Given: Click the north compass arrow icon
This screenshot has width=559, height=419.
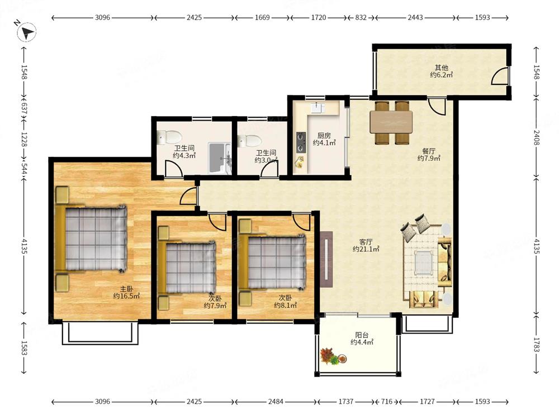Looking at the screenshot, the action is click(27, 32).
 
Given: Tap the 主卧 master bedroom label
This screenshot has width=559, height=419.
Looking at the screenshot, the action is click(126, 289).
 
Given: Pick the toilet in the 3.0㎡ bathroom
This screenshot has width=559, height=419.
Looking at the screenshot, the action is click(249, 141).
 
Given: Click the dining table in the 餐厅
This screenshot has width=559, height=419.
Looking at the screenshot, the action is click(391, 122).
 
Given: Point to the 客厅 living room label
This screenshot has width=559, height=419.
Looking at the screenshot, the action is click(366, 241).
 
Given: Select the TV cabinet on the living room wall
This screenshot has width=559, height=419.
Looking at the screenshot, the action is click(326, 259).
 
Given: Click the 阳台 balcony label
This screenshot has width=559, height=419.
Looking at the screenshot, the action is click(362, 335).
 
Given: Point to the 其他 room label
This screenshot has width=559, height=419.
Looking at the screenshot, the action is click(442, 68).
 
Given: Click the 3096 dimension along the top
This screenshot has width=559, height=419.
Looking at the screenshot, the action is click(102, 17).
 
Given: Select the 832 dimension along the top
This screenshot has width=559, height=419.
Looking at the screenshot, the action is click(361, 17).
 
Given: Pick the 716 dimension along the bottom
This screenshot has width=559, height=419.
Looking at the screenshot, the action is click(386, 402).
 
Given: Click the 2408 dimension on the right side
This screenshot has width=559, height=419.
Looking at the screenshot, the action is click(537, 137).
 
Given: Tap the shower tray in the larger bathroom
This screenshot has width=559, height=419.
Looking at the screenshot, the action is click(219, 158).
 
